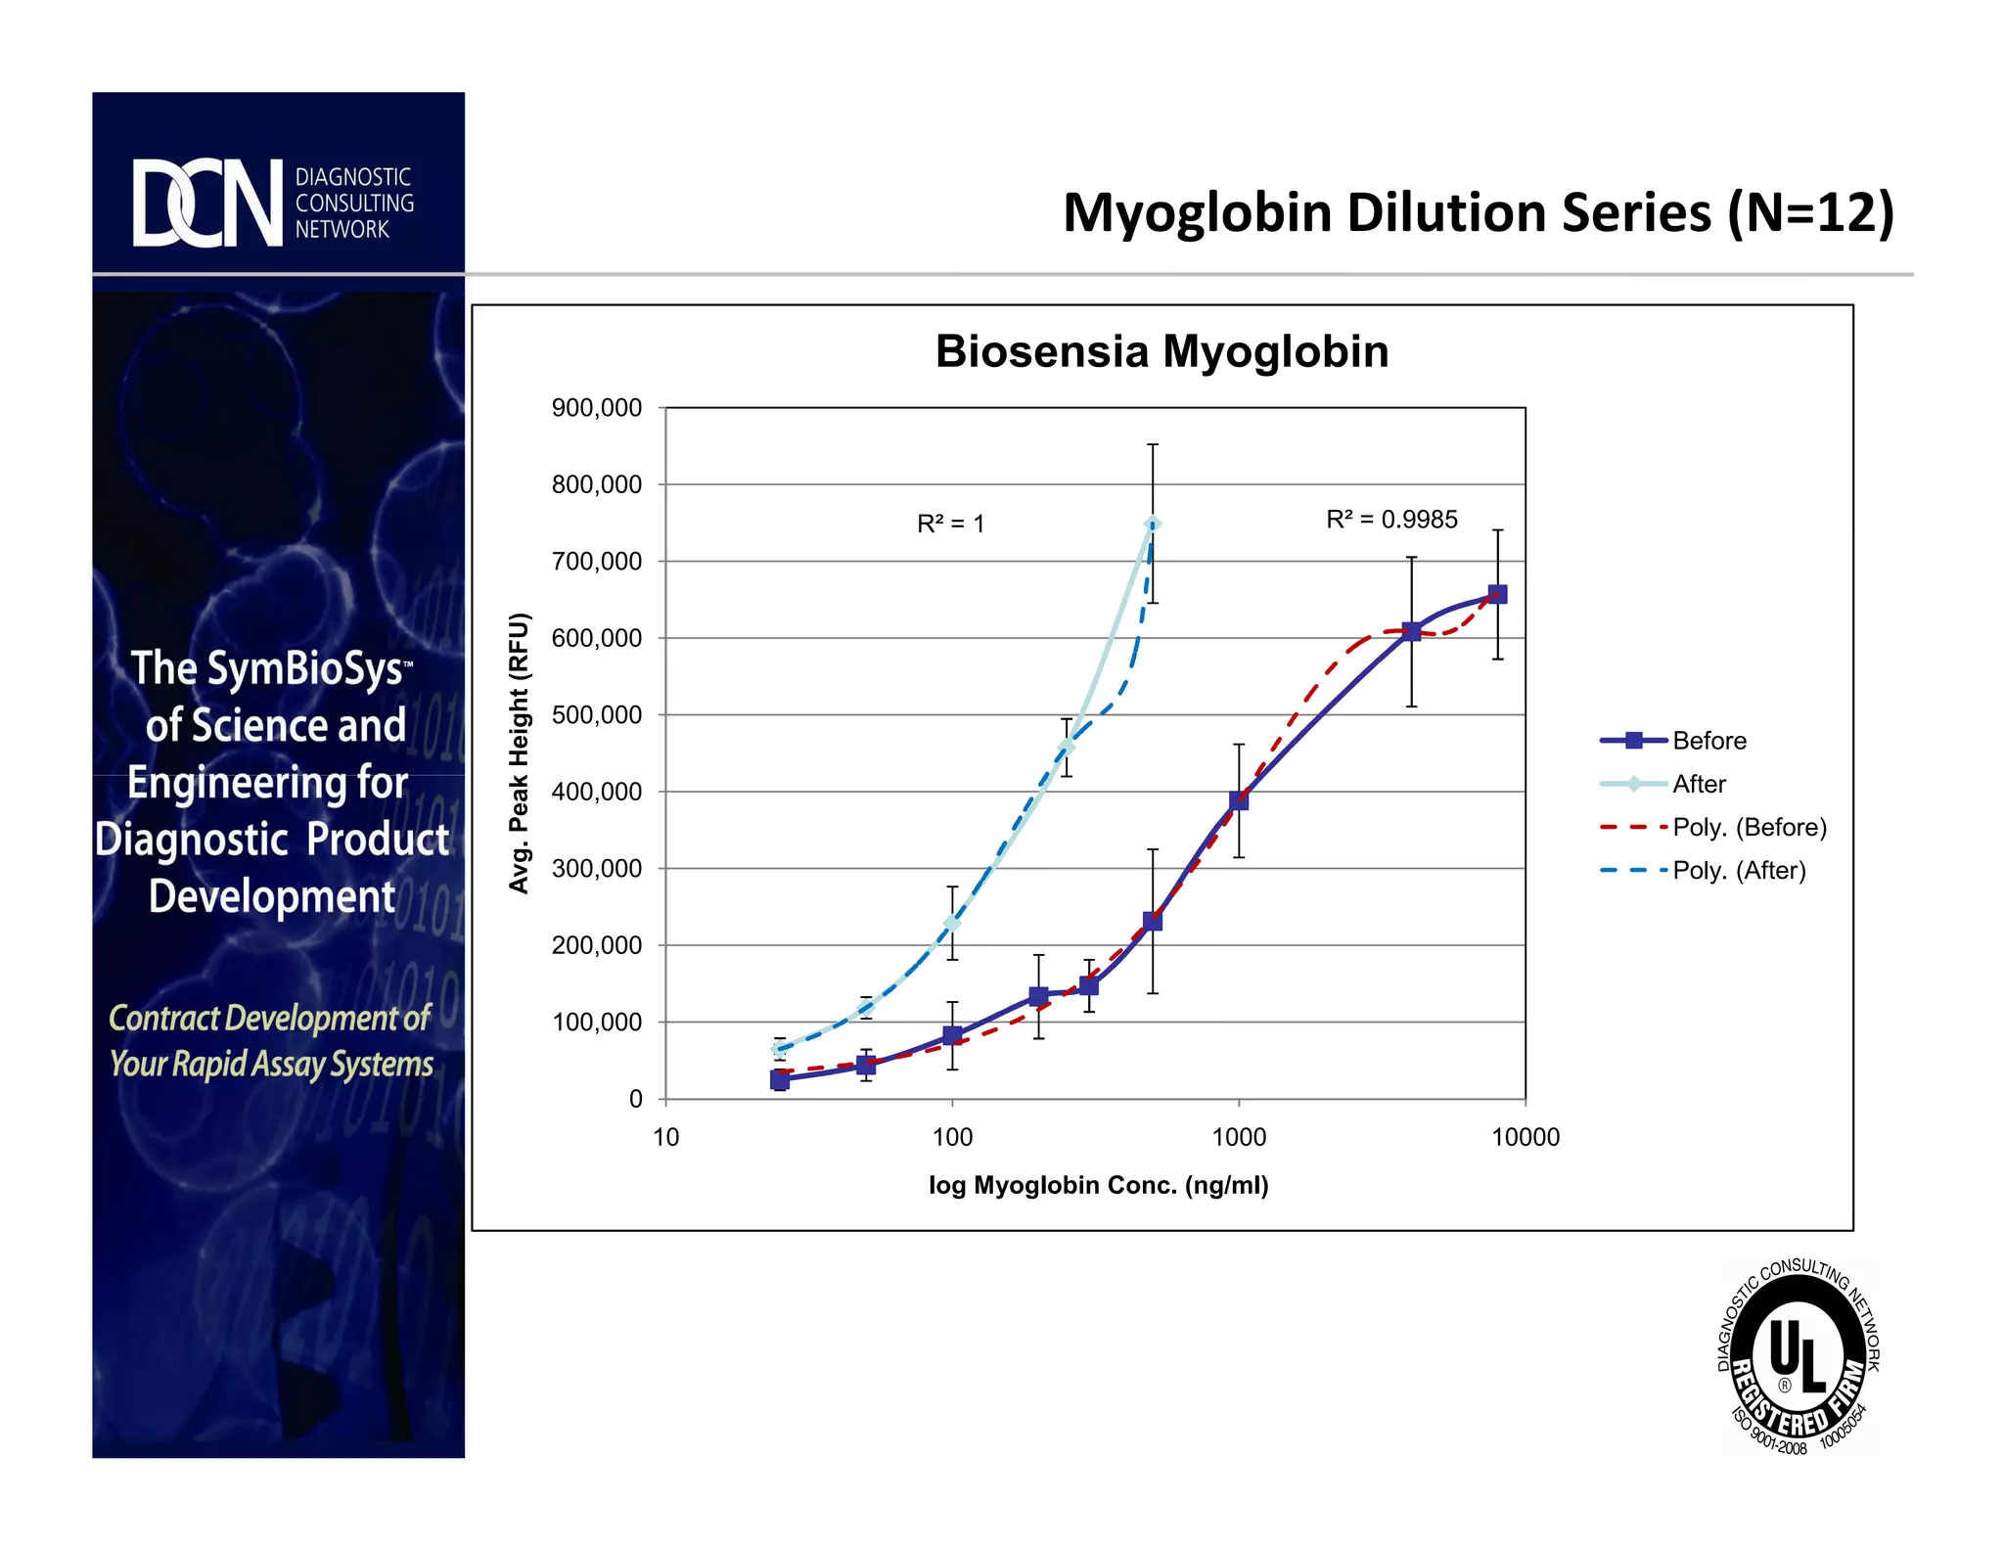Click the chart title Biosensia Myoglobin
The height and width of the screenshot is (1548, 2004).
(1161, 351)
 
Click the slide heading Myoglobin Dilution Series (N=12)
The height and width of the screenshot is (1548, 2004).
(1478, 212)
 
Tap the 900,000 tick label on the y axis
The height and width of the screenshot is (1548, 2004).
(597, 408)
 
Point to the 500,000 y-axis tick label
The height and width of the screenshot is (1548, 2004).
(597, 715)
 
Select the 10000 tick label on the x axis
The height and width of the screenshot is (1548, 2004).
(1525, 1137)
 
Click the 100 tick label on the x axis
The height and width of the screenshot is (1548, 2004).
(952, 1137)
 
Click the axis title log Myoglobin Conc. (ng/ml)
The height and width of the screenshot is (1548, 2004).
(1098, 1185)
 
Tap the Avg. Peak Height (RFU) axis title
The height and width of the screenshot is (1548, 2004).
(519, 752)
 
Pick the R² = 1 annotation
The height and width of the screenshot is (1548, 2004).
(950, 524)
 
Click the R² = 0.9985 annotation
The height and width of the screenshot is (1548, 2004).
(1390, 520)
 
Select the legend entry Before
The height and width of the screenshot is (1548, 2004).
(1708, 741)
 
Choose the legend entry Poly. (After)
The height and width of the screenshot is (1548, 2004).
(1738, 870)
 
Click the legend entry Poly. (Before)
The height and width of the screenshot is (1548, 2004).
(1749, 827)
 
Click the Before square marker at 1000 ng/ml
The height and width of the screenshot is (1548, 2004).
(1239, 800)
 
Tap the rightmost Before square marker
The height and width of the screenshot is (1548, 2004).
(1497, 594)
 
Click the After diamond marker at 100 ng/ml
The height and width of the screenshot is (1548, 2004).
(951, 923)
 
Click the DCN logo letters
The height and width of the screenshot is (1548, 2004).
(207, 203)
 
